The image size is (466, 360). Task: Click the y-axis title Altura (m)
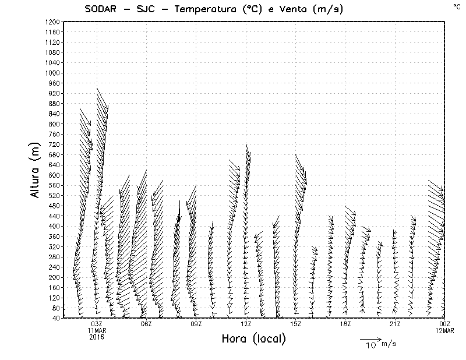(36, 169)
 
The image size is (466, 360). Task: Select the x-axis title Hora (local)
(253, 339)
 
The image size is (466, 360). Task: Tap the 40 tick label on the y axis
(56, 318)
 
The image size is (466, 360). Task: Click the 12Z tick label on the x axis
(246, 324)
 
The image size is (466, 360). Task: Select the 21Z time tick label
(395, 324)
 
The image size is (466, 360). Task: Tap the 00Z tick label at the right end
(444, 324)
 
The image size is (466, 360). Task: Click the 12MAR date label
(444, 331)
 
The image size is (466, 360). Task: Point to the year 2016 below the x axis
(96, 337)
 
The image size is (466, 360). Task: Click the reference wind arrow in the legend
(370, 338)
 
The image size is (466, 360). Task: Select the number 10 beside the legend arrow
(371, 345)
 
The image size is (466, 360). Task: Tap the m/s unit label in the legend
(388, 344)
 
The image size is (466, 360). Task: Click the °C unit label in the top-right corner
(457, 6)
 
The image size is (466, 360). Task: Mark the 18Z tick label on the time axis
(345, 324)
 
